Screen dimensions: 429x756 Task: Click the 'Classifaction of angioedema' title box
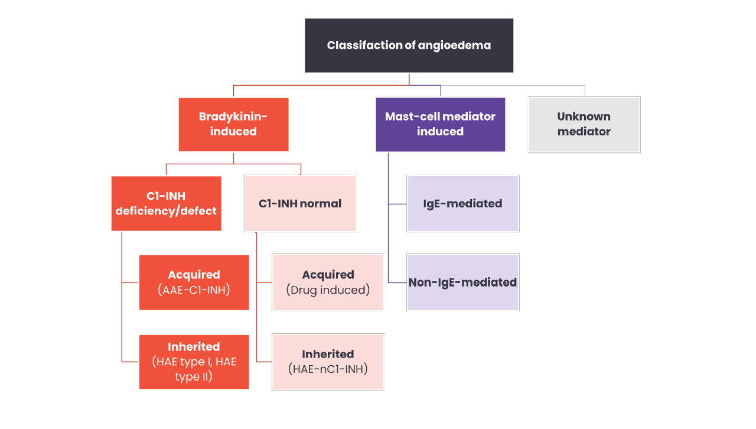pos(409,45)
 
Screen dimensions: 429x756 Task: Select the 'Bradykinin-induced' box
pos(233,124)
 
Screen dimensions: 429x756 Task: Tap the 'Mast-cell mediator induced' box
pos(440,124)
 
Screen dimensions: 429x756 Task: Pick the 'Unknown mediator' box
pos(584,124)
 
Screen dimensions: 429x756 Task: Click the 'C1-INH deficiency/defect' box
pos(166,203)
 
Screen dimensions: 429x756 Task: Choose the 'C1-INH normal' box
pos(300,203)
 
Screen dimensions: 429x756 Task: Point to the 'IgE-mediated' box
pos(462,203)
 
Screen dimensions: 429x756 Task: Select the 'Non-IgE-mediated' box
pos(462,282)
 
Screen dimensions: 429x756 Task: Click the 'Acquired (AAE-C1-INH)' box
pos(194,282)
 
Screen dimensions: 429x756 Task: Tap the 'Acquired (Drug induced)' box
pos(328,282)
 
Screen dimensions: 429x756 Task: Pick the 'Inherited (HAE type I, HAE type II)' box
pos(194,362)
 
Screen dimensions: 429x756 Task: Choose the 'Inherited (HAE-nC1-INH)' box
pos(328,362)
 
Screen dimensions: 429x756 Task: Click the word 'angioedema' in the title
pos(454,45)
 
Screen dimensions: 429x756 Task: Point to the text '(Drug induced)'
pos(328,290)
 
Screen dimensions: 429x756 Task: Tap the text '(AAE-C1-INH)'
pos(194,290)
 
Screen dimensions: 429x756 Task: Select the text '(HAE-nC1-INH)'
pos(328,369)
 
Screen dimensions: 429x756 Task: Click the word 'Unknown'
pos(584,116)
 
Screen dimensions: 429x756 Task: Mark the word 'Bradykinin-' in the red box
pos(233,116)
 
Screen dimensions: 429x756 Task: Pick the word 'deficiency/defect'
pos(166,211)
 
